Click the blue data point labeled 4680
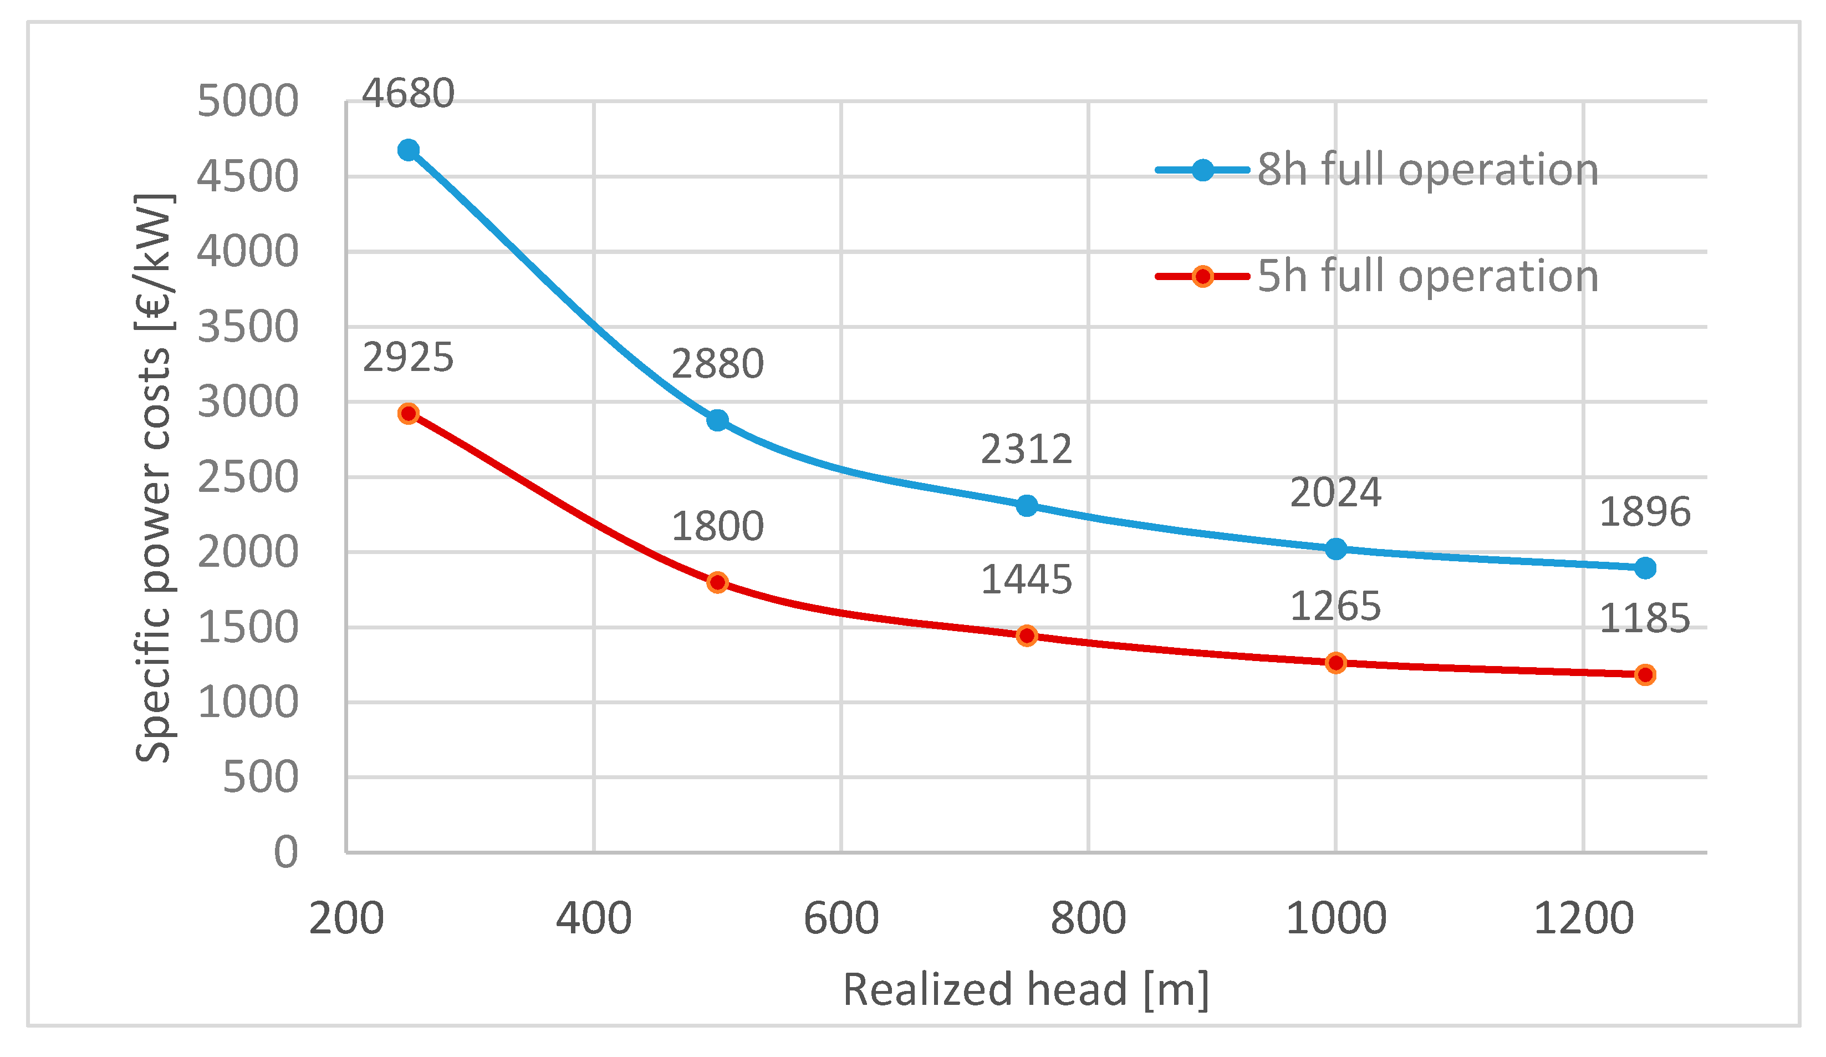[409, 150]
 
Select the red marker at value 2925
[409, 414]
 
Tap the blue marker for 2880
[717, 420]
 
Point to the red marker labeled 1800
[717, 583]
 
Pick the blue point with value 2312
[1027, 506]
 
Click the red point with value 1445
[1027, 636]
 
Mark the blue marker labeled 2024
[1335, 550]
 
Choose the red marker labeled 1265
[1335, 663]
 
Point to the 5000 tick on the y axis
[248, 101]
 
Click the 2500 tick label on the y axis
[248, 477]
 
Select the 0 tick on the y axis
[285, 852]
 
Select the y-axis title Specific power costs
[154, 479]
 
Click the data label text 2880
[717, 364]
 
